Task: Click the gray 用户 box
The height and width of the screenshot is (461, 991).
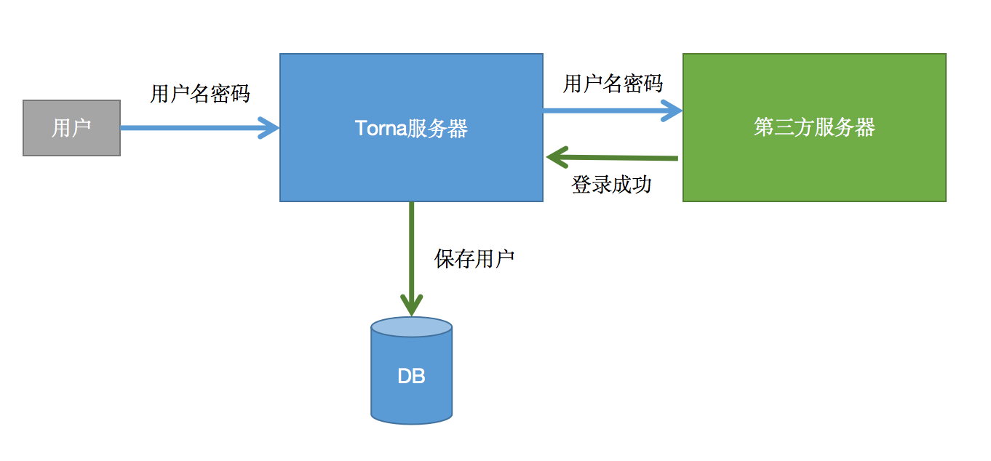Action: click(x=71, y=128)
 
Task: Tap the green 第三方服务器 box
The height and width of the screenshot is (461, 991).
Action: click(x=814, y=167)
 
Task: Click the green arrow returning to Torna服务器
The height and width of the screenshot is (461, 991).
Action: click(x=618, y=156)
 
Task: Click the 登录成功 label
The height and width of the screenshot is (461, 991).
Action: click(x=611, y=185)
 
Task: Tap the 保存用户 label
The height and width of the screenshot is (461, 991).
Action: click(x=474, y=259)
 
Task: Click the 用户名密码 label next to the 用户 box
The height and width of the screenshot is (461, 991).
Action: click(x=200, y=94)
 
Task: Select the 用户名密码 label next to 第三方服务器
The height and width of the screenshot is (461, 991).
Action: click(x=613, y=84)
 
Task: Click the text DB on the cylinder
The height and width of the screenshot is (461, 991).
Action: click(x=411, y=376)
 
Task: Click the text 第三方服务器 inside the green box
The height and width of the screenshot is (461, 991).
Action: click(x=814, y=128)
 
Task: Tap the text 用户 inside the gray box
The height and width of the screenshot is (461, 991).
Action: click(x=71, y=129)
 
